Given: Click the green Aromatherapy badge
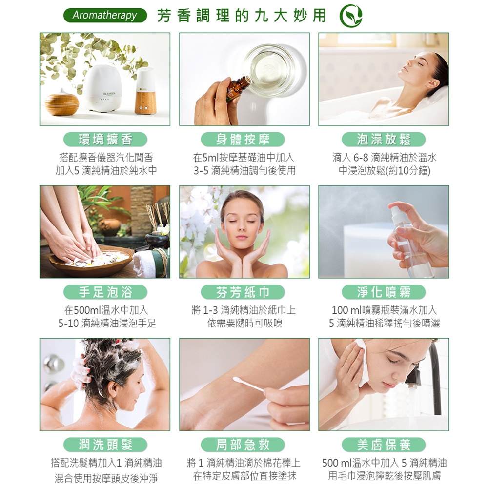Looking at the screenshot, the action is (105, 15).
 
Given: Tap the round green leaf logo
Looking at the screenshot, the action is (351, 16).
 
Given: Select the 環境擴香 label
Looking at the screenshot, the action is (105, 139).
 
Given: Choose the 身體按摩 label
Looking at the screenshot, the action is (243, 139).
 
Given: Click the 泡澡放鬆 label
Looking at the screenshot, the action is (384, 139).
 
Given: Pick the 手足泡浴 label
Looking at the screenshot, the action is (105, 292).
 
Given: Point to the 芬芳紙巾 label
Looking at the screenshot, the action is (243, 292).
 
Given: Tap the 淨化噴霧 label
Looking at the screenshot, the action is (384, 292).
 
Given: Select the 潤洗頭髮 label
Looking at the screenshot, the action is (105, 445).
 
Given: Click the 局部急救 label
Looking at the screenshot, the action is (243, 445).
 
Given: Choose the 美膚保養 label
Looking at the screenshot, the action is (384, 445).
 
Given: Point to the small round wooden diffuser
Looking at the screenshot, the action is (62, 102).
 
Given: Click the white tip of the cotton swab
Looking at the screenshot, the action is (239, 380).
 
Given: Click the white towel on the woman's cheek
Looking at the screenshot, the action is (362, 361).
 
